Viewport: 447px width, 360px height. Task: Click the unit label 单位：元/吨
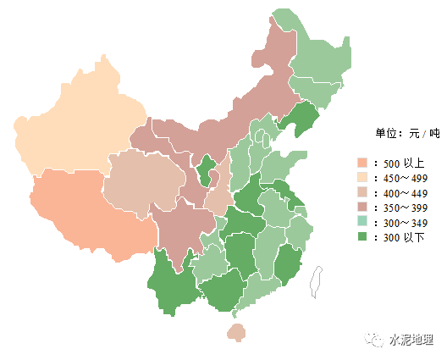[407, 133]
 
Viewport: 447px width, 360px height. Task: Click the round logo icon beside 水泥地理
[374, 340]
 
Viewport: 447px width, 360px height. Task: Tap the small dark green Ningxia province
[206, 169]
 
